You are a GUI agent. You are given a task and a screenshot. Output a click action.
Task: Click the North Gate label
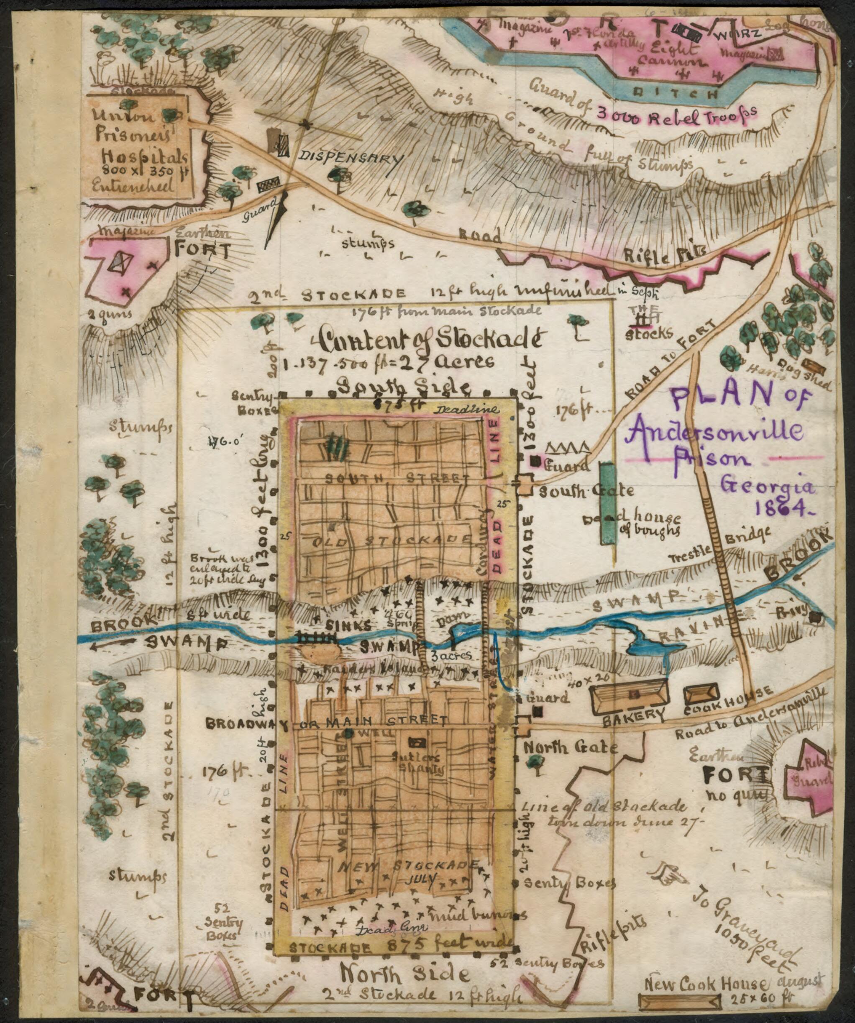[x=571, y=748]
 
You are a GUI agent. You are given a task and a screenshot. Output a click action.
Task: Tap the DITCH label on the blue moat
[x=678, y=92]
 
